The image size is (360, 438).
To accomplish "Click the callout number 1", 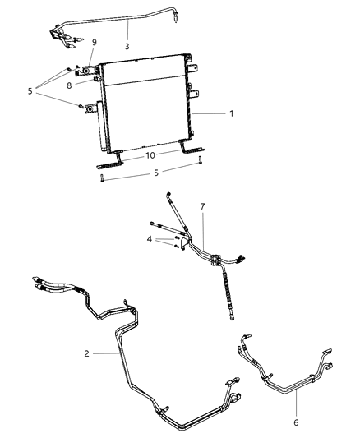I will point(231,113).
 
